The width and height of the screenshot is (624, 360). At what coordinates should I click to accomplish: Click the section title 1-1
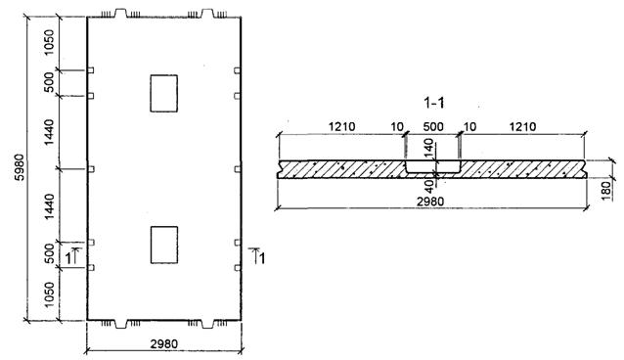tap(434, 103)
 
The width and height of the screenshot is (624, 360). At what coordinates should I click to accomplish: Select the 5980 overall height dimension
tap(20, 167)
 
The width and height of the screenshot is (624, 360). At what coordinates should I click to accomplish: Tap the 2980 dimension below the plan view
tap(164, 343)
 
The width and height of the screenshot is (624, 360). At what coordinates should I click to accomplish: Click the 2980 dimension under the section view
tap(430, 202)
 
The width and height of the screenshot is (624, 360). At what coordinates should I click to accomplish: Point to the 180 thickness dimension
tap(606, 191)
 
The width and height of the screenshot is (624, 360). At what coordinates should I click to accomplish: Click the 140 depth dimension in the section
tap(428, 148)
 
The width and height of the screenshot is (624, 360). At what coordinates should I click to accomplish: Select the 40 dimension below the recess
tap(429, 187)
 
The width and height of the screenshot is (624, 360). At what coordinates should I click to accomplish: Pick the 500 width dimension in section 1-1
tap(433, 126)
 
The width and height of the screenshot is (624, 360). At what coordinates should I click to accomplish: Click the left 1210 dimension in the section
tap(341, 126)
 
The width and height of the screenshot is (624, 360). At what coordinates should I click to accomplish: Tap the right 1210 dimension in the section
tap(522, 126)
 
